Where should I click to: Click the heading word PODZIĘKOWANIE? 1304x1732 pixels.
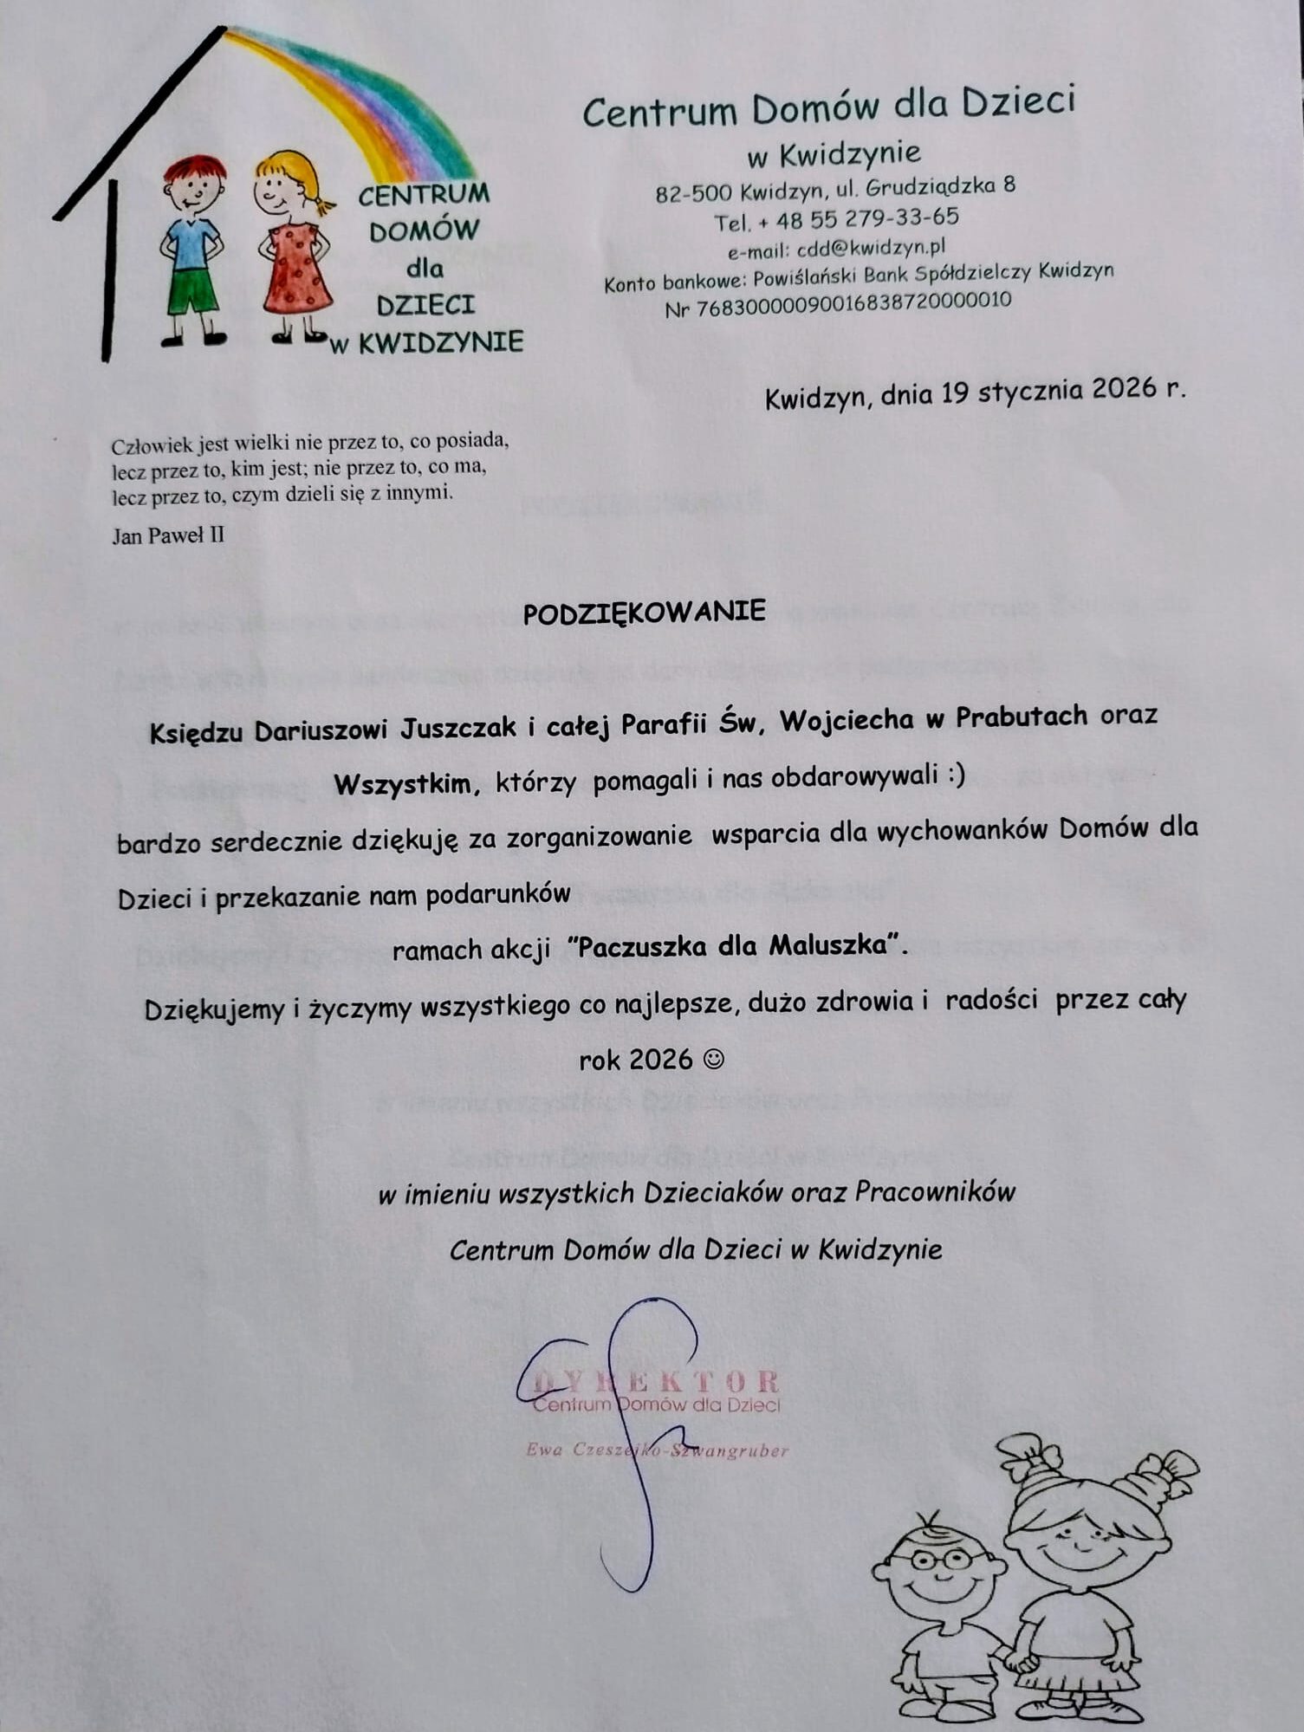[644, 612]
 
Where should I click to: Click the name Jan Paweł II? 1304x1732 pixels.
[168, 535]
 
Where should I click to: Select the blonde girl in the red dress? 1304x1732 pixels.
[293, 247]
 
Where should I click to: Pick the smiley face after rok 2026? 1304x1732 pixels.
[714, 1059]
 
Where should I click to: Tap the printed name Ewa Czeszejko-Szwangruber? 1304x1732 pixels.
[657, 1450]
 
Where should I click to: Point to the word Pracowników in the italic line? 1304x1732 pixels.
[935, 1192]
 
